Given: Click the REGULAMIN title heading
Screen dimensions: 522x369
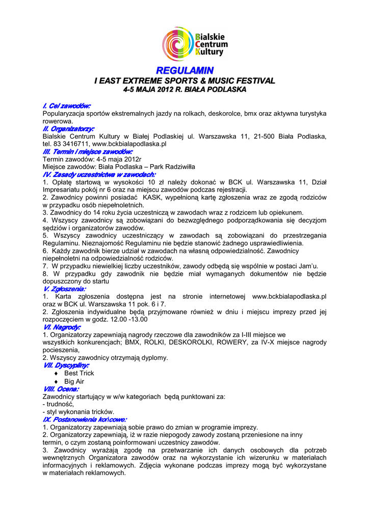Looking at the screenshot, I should point(184,70).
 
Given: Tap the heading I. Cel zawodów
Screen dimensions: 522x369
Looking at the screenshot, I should point(67,106).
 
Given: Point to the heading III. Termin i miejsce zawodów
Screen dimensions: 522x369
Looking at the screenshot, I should point(88,152).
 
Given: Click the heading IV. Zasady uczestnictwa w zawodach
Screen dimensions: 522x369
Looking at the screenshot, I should point(99,174).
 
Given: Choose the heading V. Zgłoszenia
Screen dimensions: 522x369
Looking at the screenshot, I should point(64,288).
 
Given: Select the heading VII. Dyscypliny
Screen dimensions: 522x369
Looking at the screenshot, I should point(67,365).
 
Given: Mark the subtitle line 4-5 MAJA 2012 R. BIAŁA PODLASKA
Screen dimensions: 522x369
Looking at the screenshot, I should point(184,90).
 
